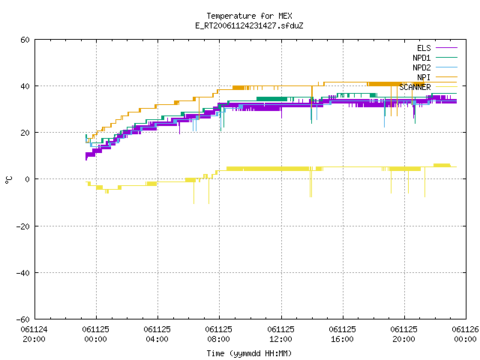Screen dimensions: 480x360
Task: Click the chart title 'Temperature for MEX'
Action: point(249,16)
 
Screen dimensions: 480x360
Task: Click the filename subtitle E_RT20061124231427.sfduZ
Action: point(249,25)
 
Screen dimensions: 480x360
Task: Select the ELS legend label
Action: point(424,48)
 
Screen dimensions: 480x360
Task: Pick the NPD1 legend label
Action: point(421,58)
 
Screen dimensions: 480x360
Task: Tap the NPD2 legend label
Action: point(421,67)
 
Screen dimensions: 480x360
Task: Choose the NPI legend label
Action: point(424,77)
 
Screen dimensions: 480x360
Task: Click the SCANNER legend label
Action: point(415,87)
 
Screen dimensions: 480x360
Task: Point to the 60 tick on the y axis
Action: point(25,40)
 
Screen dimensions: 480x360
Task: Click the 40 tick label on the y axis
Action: point(25,86)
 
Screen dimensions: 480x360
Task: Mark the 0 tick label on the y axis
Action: point(27,179)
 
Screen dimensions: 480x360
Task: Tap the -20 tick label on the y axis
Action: point(23,226)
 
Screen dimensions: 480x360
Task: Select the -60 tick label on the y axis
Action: point(23,319)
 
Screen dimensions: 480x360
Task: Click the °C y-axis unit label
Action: point(8,180)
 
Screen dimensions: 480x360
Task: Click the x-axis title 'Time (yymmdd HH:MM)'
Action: point(249,353)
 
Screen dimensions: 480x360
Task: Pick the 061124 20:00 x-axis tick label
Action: point(34,334)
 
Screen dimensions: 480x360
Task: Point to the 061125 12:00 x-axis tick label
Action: point(280,334)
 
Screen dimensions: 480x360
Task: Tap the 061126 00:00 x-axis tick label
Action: point(465,334)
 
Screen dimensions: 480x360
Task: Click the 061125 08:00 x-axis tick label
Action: point(218,334)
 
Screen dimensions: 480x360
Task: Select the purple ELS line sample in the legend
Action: point(446,48)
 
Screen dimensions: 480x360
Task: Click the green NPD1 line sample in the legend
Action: point(446,57)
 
